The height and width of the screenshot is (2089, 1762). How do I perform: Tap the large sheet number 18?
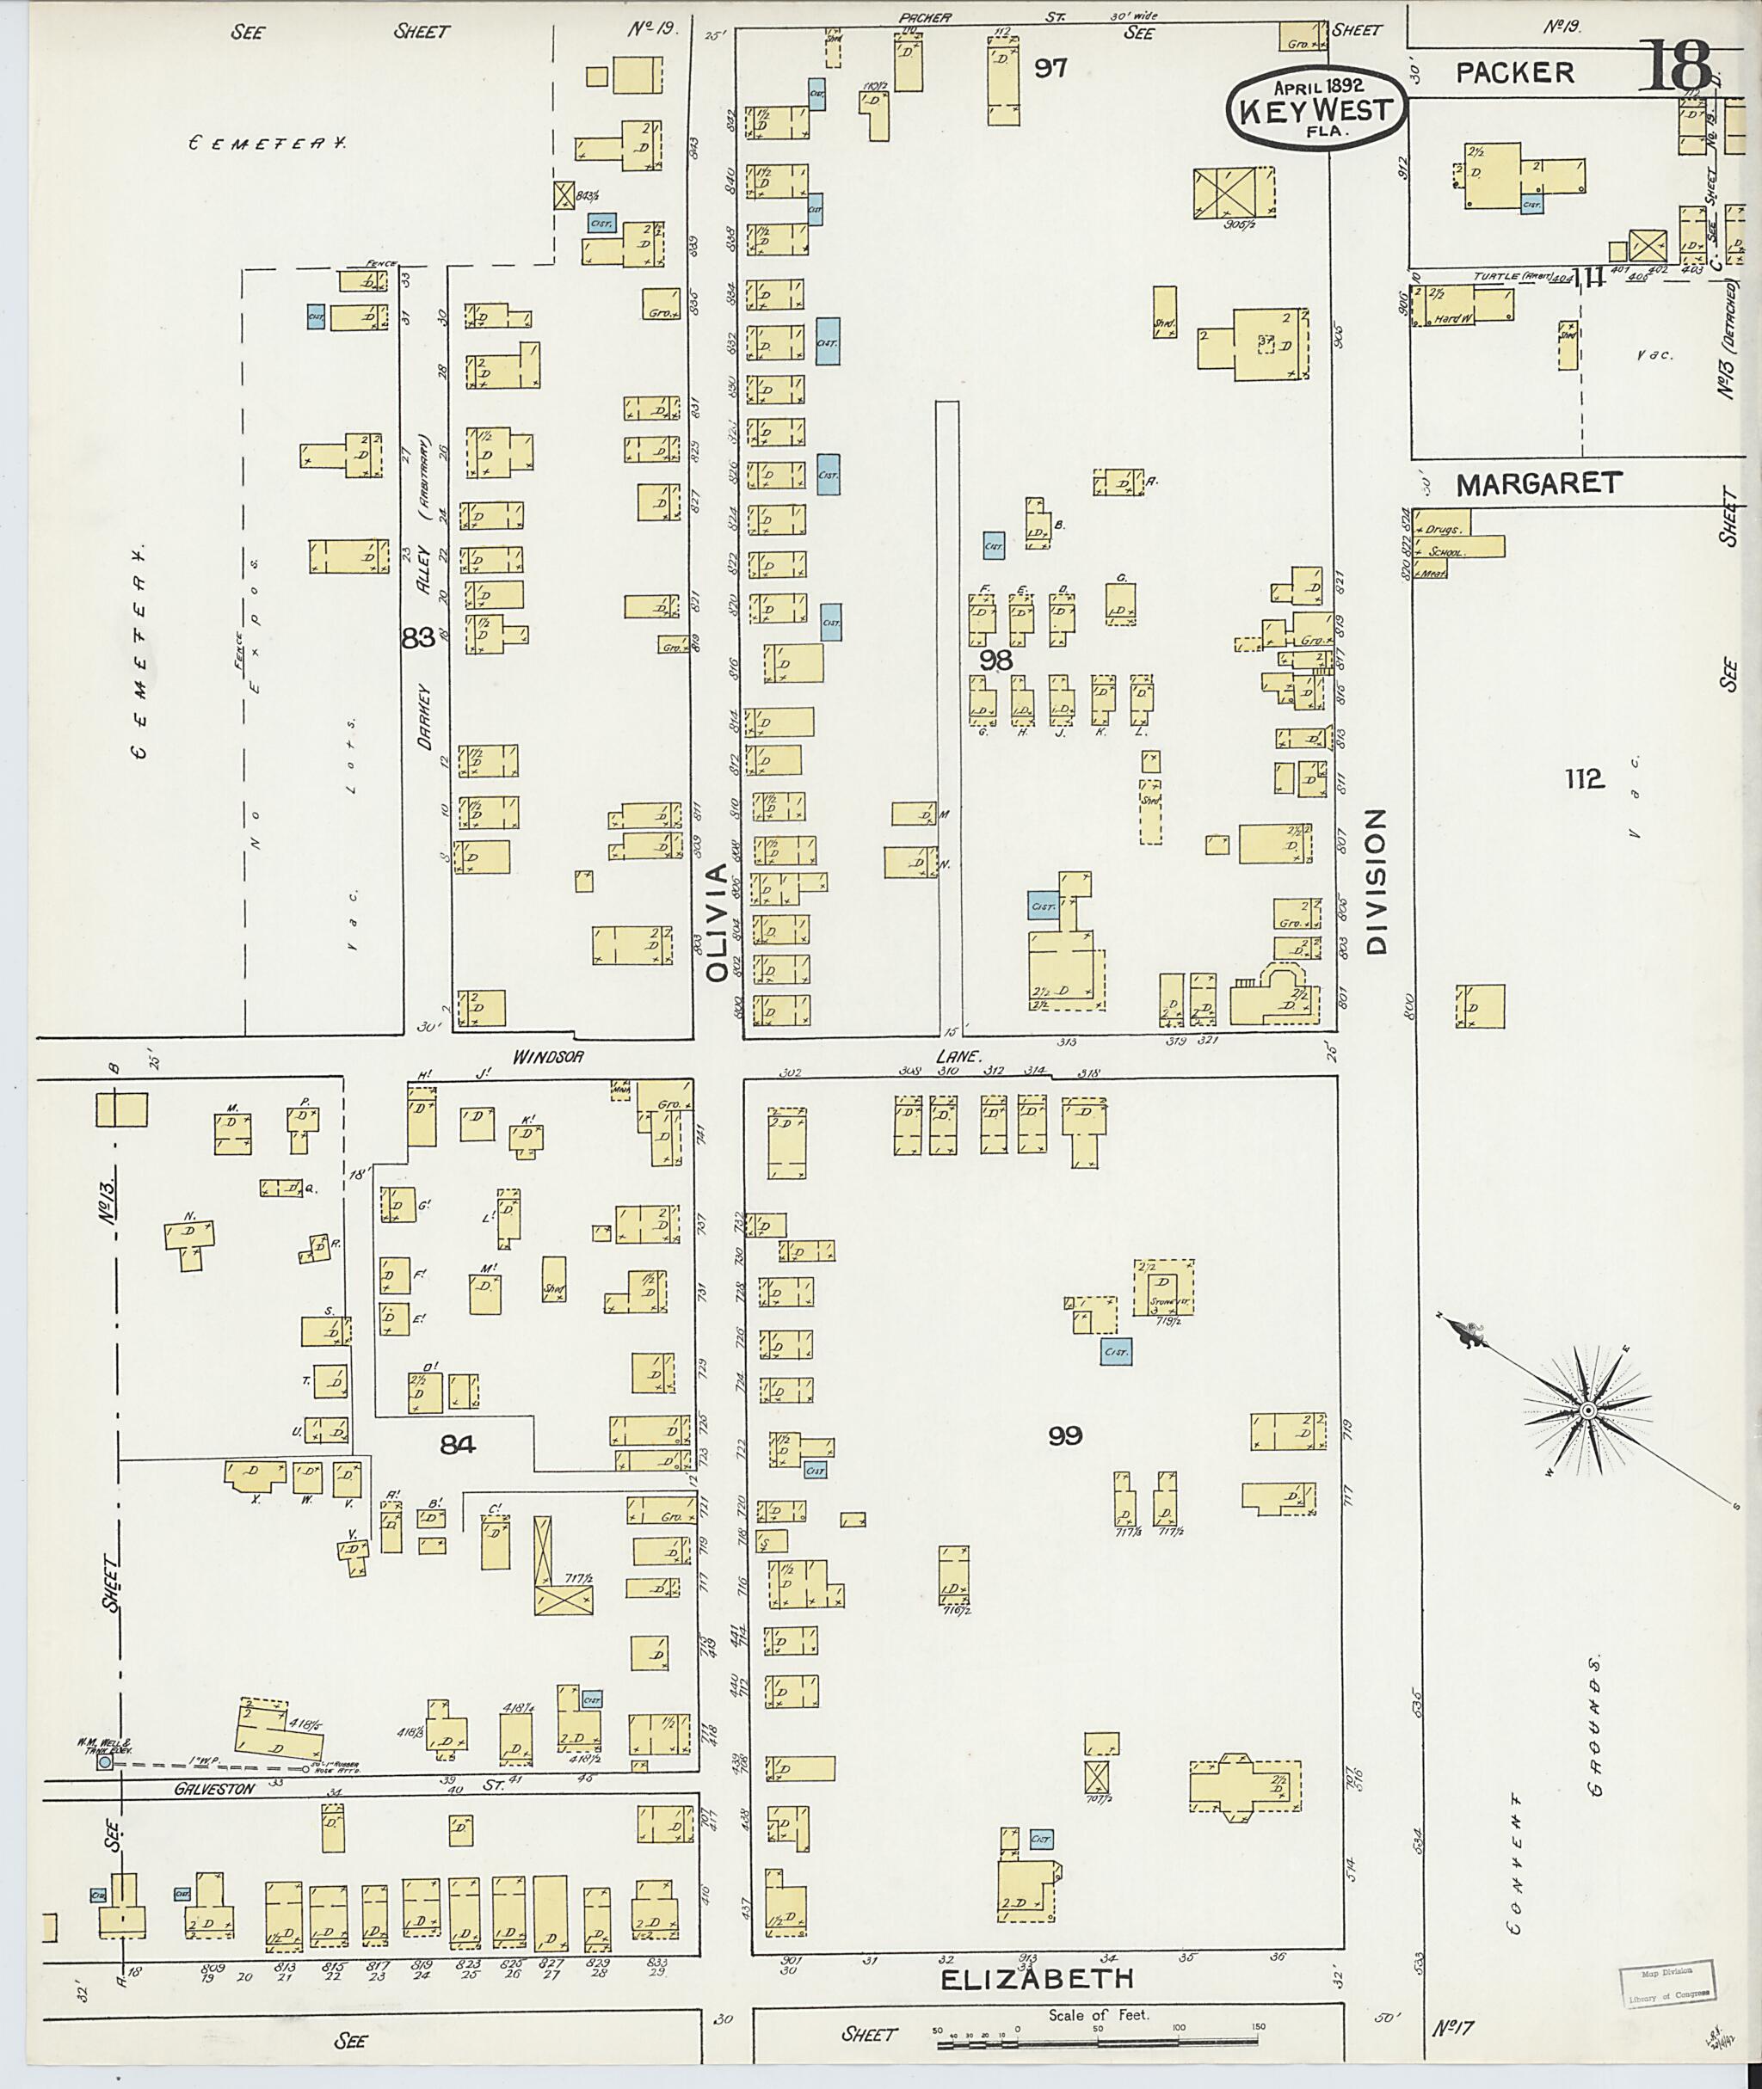(x=1684, y=68)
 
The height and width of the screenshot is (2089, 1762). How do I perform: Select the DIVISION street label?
(x=1377, y=882)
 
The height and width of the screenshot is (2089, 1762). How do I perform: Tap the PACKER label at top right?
(x=1514, y=73)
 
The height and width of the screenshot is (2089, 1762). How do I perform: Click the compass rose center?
(x=1587, y=1410)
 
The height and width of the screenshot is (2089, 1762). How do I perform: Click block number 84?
(x=458, y=1443)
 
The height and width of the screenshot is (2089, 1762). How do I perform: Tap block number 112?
(x=1583, y=779)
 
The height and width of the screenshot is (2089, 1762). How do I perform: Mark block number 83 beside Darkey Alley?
(x=417, y=637)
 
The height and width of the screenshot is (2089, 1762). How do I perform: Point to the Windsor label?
(x=547, y=1055)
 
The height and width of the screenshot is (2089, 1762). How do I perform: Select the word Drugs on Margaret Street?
(x=1445, y=529)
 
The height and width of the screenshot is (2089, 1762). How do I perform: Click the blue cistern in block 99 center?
(x=1116, y=1352)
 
